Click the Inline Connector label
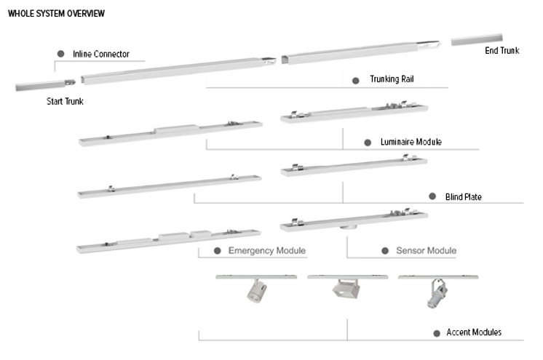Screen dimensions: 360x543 point(101,55)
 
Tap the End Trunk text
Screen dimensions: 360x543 point(502,51)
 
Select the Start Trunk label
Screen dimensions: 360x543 point(65,102)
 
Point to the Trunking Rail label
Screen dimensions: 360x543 point(392,79)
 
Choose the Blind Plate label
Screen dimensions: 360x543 point(463,196)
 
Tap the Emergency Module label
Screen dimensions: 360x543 point(266,251)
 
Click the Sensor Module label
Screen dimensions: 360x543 point(426,251)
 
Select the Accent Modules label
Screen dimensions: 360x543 point(474,332)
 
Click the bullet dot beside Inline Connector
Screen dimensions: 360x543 point(61,54)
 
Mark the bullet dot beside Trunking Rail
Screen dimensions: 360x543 point(356,80)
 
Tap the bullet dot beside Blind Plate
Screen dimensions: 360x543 point(430,196)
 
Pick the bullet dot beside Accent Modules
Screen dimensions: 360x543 point(437,333)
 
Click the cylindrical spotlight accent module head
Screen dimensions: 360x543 point(255,293)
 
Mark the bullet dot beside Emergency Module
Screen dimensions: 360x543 point(217,251)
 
